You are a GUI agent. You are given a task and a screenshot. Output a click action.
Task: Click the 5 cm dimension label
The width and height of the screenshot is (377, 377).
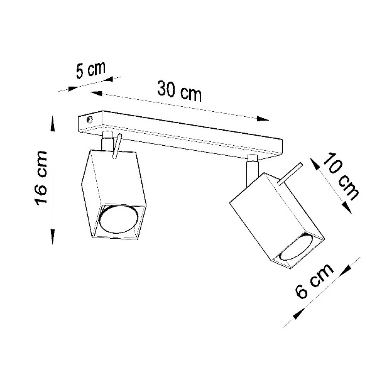89,70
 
